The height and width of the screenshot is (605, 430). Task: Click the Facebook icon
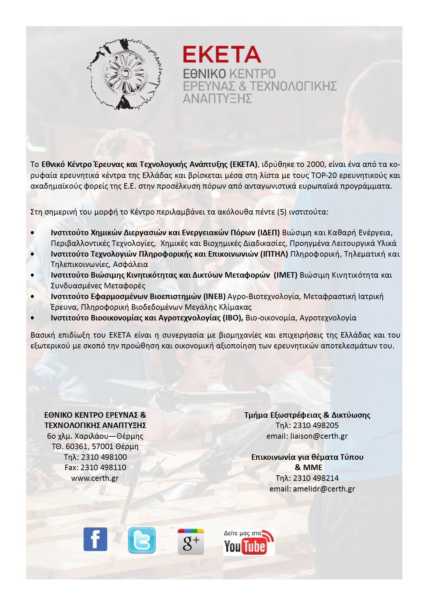click(x=95, y=539)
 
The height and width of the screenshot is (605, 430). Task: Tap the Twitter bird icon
click(x=141, y=540)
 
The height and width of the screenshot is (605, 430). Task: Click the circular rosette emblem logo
click(x=124, y=74)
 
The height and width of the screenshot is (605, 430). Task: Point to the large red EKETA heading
click(x=222, y=55)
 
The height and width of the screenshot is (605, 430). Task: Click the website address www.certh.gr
click(x=95, y=478)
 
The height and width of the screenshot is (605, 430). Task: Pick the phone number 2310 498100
click(x=104, y=457)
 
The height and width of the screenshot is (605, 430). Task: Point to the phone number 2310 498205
click(x=315, y=425)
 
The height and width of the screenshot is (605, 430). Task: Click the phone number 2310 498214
click(x=315, y=478)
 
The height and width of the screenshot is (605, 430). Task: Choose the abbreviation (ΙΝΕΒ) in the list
click(x=214, y=296)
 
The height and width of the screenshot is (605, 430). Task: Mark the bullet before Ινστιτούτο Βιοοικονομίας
click(x=32, y=318)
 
